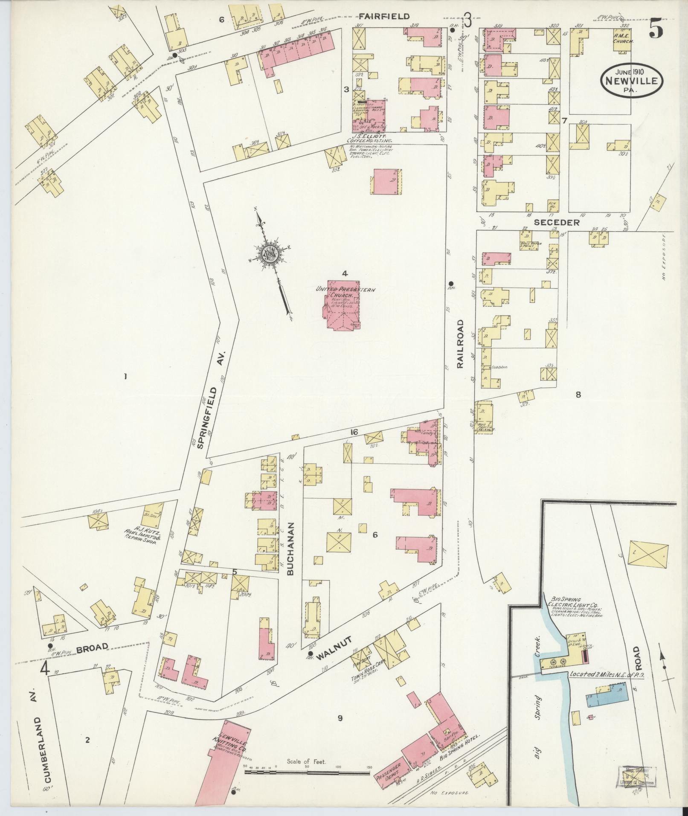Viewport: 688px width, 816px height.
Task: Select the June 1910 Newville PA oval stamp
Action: [633, 81]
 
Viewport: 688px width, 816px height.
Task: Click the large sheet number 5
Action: [656, 30]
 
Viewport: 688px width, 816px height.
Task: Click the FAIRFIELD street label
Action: [384, 16]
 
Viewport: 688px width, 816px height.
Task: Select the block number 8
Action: [578, 395]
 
